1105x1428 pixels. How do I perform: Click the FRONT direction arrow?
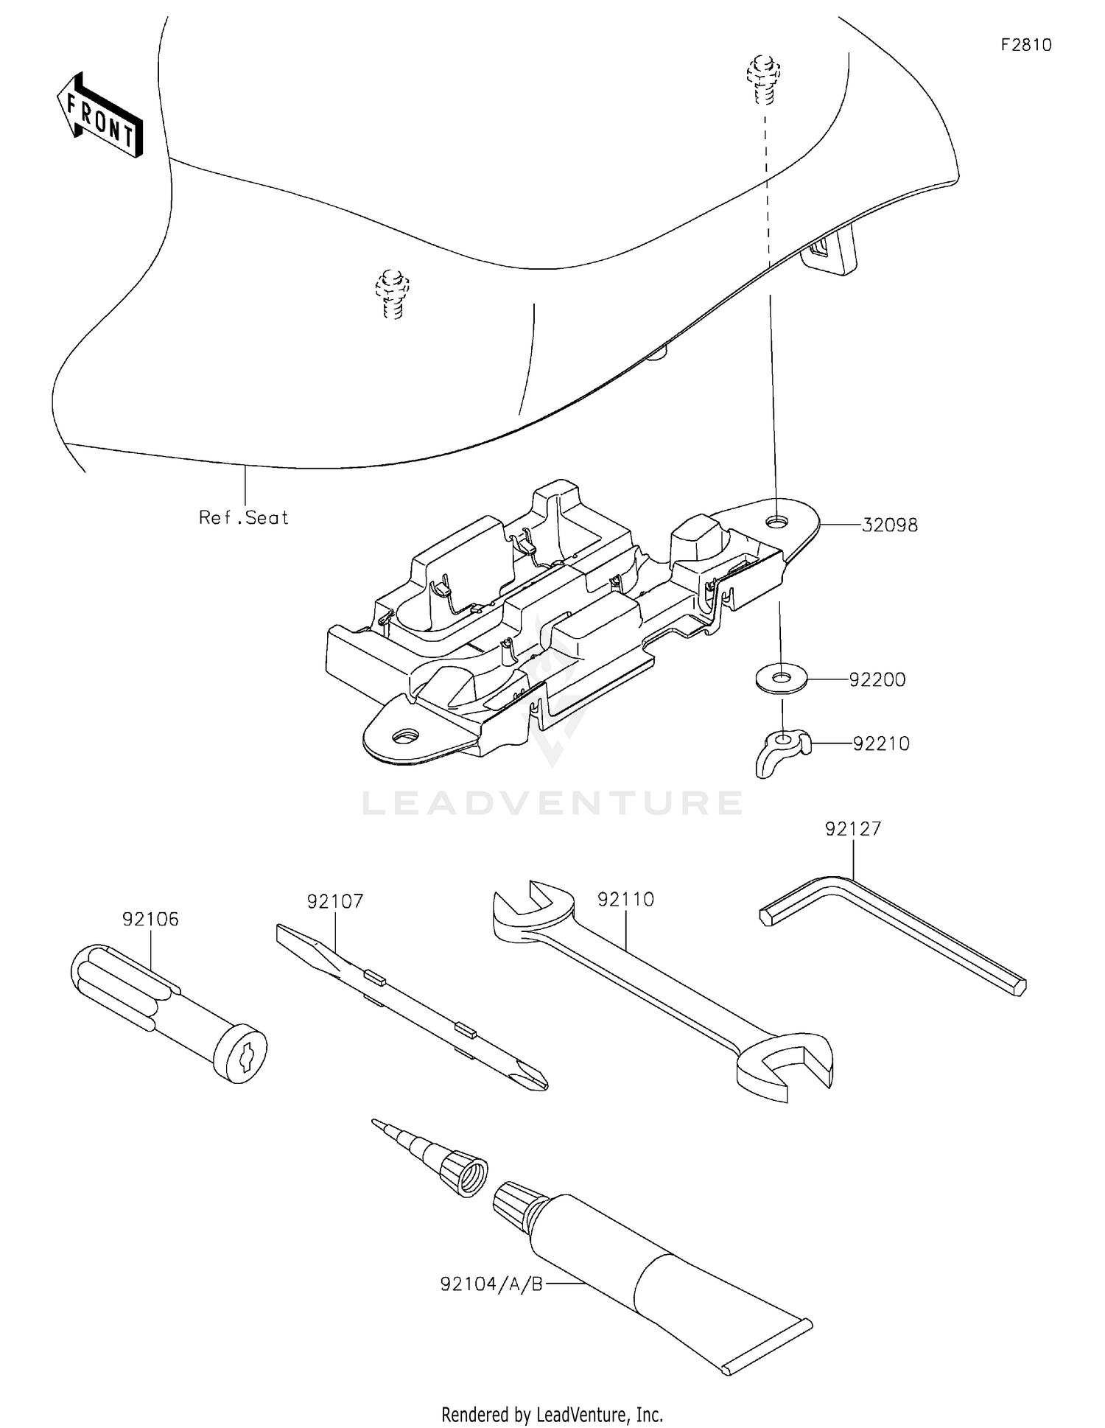(99, 116)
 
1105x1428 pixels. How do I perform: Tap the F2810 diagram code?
(1026, 45)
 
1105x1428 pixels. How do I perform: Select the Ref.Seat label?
(244, 518)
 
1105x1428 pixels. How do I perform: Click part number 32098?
(890, 525)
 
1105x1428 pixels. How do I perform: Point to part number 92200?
(877, 679)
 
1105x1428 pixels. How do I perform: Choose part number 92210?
(881, 743)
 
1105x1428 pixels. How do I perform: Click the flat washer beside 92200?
(781, 678)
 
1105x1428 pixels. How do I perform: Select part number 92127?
(853, 829)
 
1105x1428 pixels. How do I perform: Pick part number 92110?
(625, 900)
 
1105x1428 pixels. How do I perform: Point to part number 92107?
(335, 901)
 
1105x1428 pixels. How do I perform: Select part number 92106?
(150, 919)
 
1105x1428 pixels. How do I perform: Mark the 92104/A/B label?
(491, 1285)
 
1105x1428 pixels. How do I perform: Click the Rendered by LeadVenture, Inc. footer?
(552, 1415)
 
